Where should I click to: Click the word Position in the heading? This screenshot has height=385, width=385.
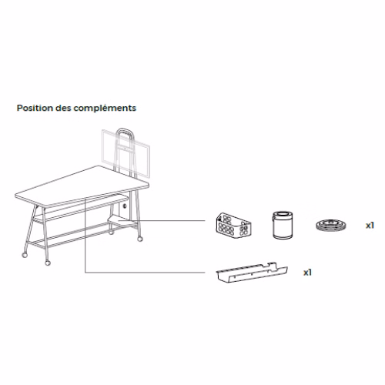click(x=35, y=108)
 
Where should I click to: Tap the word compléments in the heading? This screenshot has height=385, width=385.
click(x=105, y=109)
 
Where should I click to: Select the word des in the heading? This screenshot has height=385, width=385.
click(x=63, y=108)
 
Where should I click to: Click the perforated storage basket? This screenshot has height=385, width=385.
click(x=233, y=225)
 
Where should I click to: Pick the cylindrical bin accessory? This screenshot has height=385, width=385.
click(x=283, y=225)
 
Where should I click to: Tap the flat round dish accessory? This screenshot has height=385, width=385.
click(x=330, y=225)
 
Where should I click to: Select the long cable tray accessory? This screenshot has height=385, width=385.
click(x=252, y=273)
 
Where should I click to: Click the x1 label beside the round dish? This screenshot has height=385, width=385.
click(x=370, y=226)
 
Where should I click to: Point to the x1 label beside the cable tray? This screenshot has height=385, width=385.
click(x=307, y=273)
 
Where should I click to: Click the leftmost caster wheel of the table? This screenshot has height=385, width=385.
click(x=25, y=255)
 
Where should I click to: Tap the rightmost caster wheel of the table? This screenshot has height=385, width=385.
click(x=140, y=239)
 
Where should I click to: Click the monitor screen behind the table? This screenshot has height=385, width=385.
click(x=126, y=153)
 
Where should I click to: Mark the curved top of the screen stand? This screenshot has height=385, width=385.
click(x=125, y=129)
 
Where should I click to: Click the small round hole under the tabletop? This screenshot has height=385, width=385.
click(x=125, y=206)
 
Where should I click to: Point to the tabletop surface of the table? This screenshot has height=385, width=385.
click(x=82, y=186)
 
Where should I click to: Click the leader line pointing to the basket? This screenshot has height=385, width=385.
click(x=166, y=220)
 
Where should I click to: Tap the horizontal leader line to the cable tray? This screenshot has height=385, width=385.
click(x=145, y=273)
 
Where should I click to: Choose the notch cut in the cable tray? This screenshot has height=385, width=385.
click(x=270, y=265)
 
